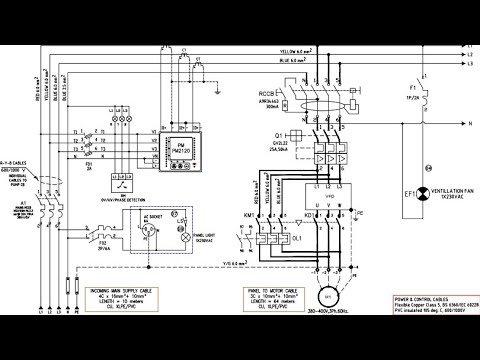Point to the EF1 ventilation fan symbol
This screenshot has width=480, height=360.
click(423, 191)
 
